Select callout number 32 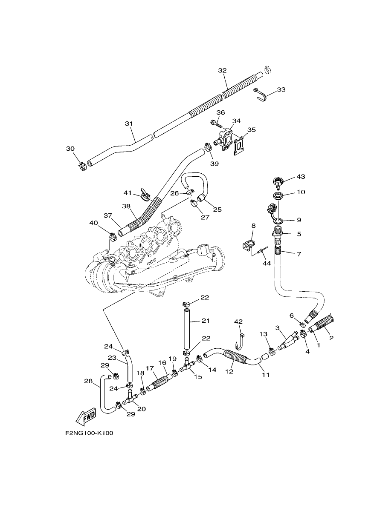click(222, 70)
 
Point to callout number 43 click(301, 176)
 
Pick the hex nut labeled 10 click(277, 196)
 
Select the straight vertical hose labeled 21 click(186, 330)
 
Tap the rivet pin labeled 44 click(263, 251)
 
